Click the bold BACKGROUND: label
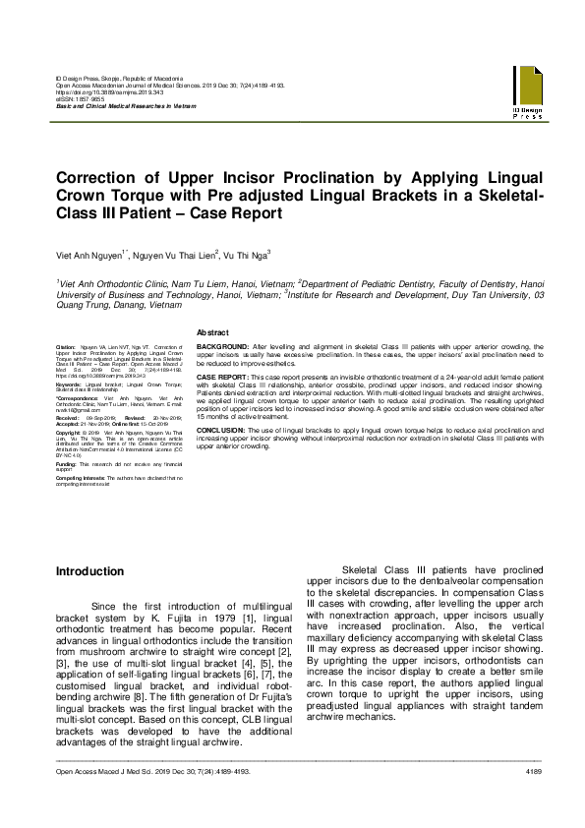pos(221,348)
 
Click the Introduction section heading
pos(89,571)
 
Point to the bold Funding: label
pos(68,462)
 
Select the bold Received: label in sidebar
pos(70,416)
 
